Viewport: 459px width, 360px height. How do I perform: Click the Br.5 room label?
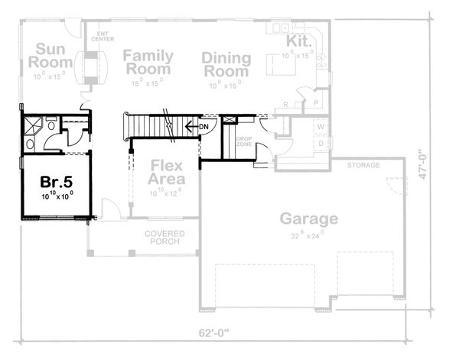click(x=56, y=183)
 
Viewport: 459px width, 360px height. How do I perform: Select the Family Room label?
click(x=148, y=63)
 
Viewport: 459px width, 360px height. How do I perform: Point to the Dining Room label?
click(x=226, y=66)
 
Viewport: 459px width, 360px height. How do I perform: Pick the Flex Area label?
click(x=165, y=172)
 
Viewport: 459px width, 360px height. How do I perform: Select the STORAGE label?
click(x=363, y=166)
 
